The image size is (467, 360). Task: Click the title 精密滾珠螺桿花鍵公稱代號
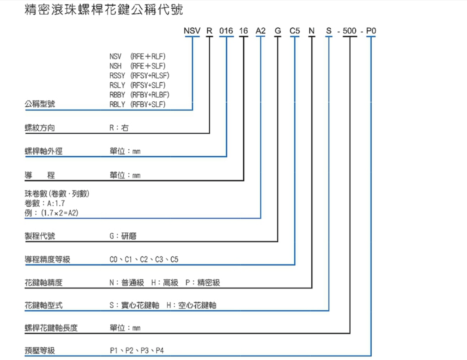click(x=104, y=10)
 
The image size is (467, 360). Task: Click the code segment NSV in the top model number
click(x=192, y=31)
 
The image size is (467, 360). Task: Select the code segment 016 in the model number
click(x=226, y=31)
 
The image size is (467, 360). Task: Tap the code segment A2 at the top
click(x=260, y=31)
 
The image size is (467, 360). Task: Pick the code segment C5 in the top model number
click(x=295, y=31)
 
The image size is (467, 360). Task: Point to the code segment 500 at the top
click(x=350, y=31)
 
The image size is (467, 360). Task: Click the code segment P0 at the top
click(x=371, y=31)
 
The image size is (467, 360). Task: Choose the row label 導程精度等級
click(x=47, y=260)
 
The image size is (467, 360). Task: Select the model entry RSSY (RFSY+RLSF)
click(x=140, y=75)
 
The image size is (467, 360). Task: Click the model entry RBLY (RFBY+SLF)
click(x=138, y=105)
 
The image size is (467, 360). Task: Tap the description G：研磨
click(x=123, y=236)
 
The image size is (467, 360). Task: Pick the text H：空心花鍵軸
click(x=192, y=306)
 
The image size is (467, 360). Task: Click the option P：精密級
click(x=203, y=283)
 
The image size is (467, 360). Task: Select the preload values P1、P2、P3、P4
click(x=137, y=351)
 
